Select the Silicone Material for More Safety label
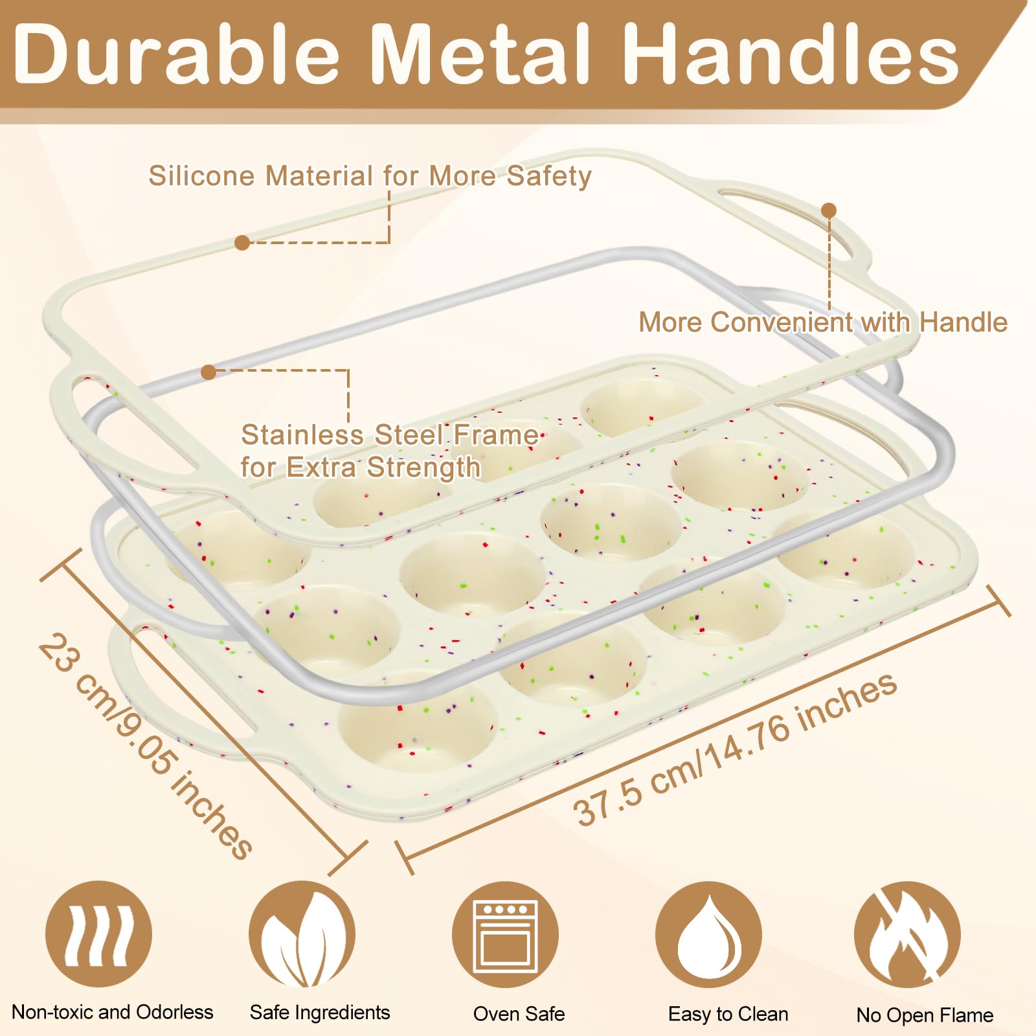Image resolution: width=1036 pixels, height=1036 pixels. tap(370, 176)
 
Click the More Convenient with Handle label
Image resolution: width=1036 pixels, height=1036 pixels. tap(822, 322)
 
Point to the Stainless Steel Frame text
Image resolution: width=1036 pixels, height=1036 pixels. tap(388, 435)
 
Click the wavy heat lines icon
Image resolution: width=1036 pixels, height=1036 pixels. tap(98, 934)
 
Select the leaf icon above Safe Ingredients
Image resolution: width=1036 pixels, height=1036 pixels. tap(302, 934)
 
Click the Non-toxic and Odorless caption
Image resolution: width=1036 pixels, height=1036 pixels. tap(113, 1012)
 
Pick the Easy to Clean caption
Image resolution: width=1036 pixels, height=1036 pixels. tap(728, 1014)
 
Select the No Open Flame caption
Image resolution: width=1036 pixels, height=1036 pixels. tap(925, 1015)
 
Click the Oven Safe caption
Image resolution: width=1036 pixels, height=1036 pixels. tap(519, 1014)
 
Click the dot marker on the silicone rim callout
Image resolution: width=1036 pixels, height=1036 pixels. tap(242, 243)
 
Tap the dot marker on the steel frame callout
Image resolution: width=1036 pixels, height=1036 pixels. tap(208, 372)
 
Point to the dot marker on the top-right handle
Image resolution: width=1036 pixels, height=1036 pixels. tap(829, 210)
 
